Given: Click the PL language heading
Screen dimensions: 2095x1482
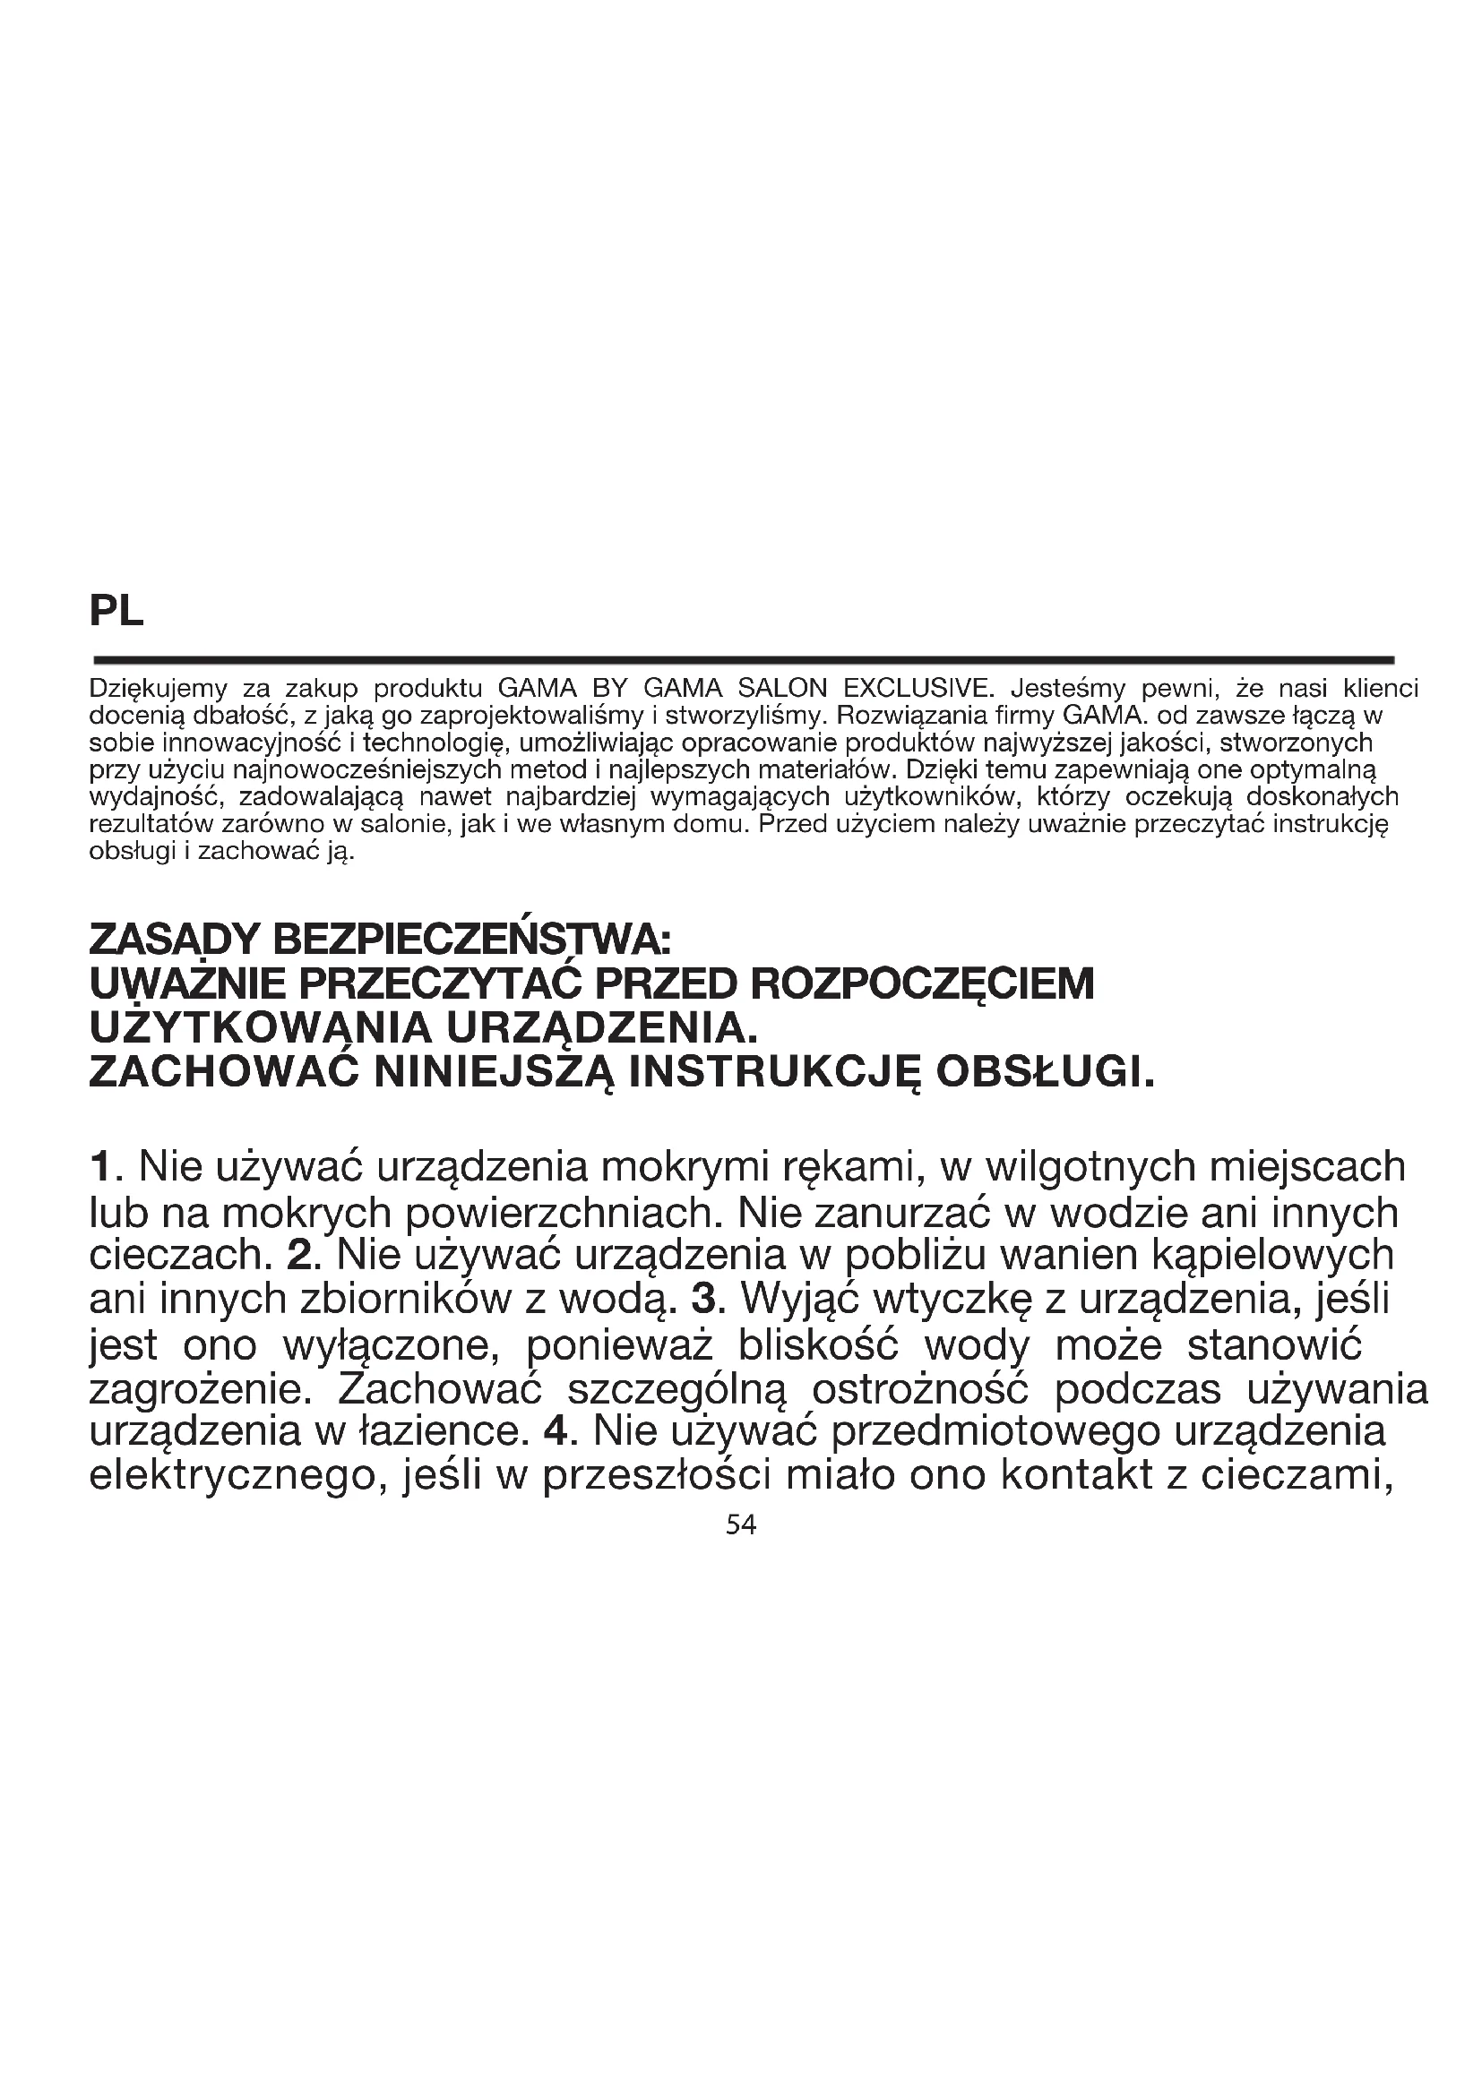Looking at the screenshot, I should click(116, 612).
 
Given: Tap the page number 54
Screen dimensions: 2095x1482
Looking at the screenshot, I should click(740, 1524).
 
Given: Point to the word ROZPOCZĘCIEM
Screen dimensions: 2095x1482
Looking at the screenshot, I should click(920, 985).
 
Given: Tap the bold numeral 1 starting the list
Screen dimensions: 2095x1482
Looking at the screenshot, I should click(100, 1166).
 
